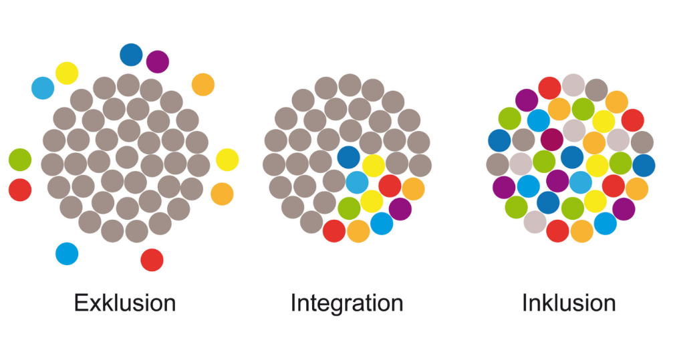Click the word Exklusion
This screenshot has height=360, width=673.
click(125, 303)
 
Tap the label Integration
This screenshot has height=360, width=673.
click(347, 303)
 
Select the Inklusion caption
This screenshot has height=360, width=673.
click(569, 303)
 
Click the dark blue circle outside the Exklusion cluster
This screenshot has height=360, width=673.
click(131, 55)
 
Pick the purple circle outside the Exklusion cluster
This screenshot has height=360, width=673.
click(158, 62)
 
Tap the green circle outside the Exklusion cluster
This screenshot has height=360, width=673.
click(20, 160)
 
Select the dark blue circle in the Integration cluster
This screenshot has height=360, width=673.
click(348, 157)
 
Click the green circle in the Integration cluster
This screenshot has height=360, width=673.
click(349, 208)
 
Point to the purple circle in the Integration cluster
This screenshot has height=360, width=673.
click(400, 209)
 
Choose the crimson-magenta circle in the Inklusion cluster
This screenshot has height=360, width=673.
click(551, 140)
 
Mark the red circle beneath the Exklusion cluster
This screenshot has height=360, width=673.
click(152, 260)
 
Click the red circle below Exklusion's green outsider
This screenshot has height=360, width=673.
click(20, 190)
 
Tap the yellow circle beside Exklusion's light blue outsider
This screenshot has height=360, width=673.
click(67, 73)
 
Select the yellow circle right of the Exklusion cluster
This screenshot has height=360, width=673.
click(227, 160)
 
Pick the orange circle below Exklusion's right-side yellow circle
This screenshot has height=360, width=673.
click(222, 194)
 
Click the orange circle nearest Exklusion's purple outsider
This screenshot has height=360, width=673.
click(203, 85)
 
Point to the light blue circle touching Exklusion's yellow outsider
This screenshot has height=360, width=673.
click(43, 88)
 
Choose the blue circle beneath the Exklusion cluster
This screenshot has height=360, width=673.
click(67, 254)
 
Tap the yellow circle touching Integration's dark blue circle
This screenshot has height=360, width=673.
click(374, 166)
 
